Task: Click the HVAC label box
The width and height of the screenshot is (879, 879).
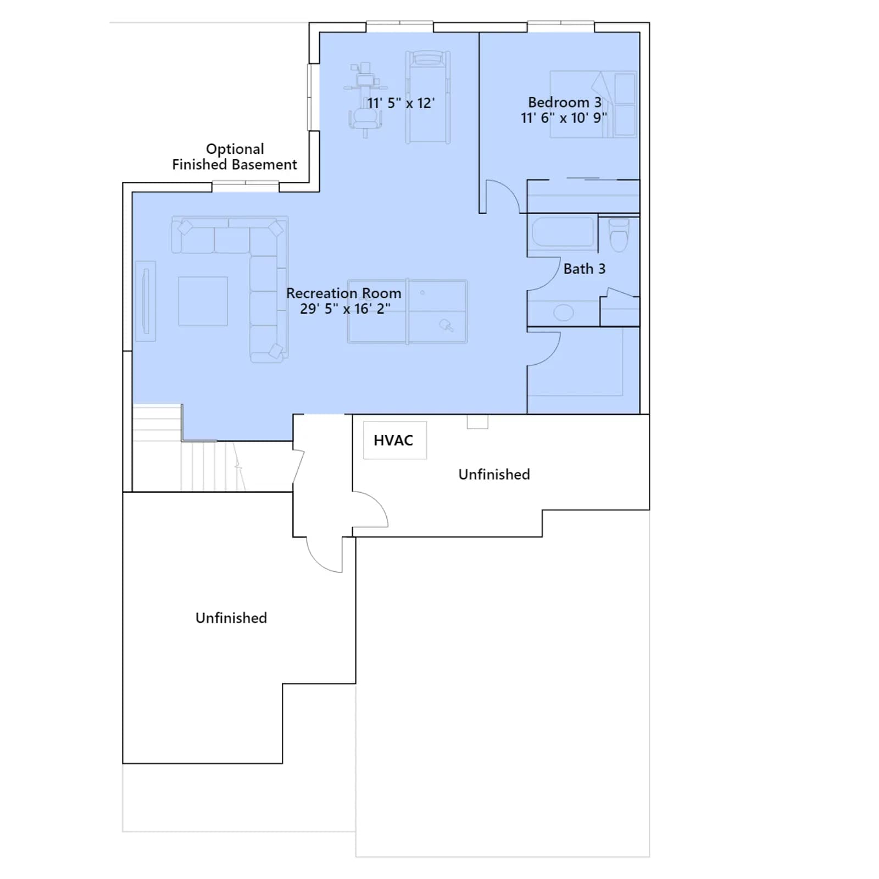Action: (x=395, y=440)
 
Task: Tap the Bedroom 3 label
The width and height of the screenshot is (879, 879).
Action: (x=564, y=102)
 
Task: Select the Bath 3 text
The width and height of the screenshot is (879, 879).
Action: (x=584, y=269)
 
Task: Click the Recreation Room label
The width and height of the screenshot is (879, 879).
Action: (x=343, y=293)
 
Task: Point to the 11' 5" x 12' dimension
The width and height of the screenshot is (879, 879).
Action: (x=400, y=103)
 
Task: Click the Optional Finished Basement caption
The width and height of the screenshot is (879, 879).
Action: (x=235, y=157)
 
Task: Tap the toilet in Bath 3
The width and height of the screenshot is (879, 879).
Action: (x=619, y=235)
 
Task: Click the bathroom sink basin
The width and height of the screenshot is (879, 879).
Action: (x=563, y=313)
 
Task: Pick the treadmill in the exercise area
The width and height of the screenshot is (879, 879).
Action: (x=428, y=97)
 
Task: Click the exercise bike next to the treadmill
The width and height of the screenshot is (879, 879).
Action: (x=364, y=99)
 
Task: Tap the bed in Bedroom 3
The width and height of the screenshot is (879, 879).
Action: (x=593, y=104)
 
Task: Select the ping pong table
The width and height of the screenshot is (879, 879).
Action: (x=407, y=311)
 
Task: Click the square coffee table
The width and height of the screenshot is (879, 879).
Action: (x=203, y=301)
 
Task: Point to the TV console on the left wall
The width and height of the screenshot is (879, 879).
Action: (x=146, y=301)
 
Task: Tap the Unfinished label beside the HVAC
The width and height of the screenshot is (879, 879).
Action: (x=494, y=474)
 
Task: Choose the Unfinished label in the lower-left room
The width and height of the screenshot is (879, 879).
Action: (x=231, y=617)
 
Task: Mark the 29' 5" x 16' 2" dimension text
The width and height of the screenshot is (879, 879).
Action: (x=345, y=309)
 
